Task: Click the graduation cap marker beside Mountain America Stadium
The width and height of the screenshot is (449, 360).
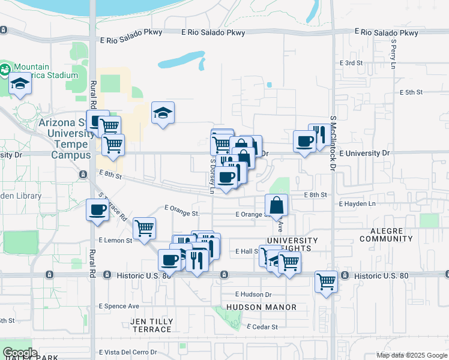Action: point(20,83)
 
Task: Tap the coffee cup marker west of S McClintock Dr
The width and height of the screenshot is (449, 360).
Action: point(304,142)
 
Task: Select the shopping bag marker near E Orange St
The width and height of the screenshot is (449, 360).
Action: point(276,205)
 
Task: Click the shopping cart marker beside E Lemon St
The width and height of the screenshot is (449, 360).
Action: point(144,229)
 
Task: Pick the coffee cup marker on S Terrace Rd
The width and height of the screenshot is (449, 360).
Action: point(97,210)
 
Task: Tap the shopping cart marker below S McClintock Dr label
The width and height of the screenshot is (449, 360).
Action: point(326,281)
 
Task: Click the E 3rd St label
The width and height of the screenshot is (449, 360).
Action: point(351,63)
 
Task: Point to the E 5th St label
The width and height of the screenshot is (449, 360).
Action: point(411,92)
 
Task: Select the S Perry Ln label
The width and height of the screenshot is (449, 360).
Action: point(394,54)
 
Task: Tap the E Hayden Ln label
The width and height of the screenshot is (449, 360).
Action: point(357,205)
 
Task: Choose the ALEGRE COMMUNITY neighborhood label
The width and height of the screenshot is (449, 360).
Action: point(386,234)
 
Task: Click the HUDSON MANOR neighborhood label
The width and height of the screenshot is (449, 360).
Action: point(262,307)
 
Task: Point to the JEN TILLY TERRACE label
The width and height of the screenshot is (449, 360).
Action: point(151,326)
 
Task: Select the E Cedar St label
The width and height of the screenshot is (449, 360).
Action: point(262,327)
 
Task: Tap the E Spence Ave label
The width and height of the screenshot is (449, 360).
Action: point(119,306)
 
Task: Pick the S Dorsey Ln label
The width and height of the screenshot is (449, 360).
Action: point(212,176)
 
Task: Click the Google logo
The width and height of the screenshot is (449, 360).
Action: point(20,353)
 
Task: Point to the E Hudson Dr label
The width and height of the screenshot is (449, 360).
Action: point(253,295)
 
